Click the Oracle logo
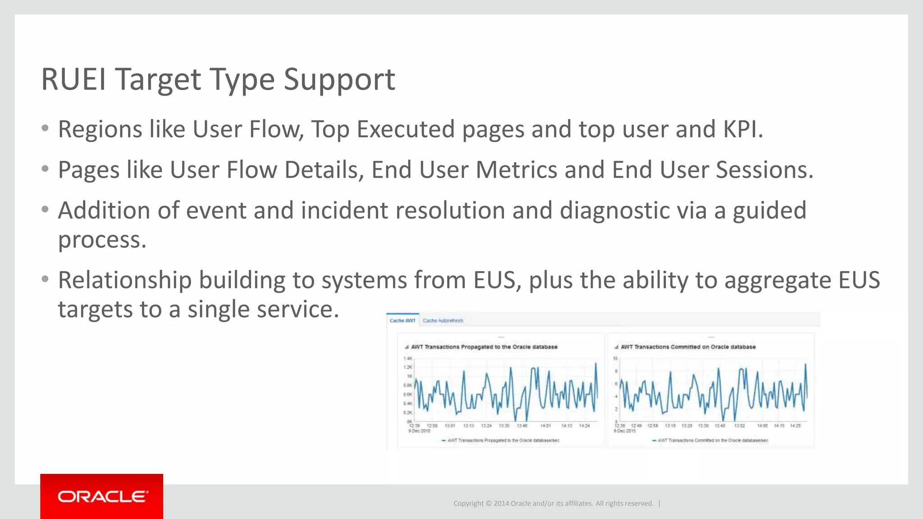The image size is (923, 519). click(x=102, y=496)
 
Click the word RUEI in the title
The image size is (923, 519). click(x=73, y=80)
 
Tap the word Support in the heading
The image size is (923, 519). click(x=339, y=80)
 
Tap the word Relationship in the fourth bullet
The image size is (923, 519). click(x=125, y=280)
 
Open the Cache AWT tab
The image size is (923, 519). click(x=402, y=320)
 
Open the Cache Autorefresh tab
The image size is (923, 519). click(x=443, y=320)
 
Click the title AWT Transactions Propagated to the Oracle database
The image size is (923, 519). click(x=484, y=347)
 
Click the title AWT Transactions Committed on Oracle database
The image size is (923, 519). click(x=688, y=347)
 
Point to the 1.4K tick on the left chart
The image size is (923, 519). click(x=407, y=358)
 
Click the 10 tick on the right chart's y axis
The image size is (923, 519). click(x=615, y=358)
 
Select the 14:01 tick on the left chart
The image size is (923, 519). click(x=545, y=425)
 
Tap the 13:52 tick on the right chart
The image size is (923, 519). click(x=740, y=425)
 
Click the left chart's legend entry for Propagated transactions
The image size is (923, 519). click(x=503, y=440)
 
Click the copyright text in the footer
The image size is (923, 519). click(x=553, y=503)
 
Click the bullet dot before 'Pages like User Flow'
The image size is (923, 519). click(x=45, y=169)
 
